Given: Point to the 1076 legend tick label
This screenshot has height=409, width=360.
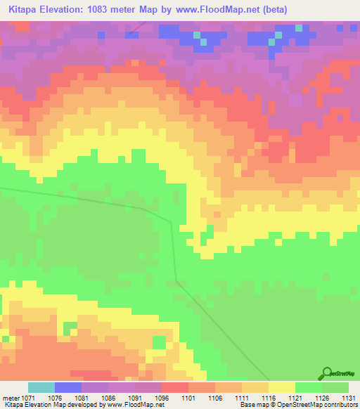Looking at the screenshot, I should [54, 398].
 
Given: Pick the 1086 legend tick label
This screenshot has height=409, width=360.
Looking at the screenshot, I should [108, 398].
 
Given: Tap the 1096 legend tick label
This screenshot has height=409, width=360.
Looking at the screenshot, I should [161, 398].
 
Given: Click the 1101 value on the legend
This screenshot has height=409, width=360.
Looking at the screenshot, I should [188, 398].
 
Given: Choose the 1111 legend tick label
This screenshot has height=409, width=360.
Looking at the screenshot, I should [241, 398].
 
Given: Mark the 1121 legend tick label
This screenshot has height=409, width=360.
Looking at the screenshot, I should [295, 398].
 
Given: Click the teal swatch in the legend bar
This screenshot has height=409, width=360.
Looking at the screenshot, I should [41, 387].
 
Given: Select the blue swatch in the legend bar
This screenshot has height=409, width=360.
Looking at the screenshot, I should [68, 387].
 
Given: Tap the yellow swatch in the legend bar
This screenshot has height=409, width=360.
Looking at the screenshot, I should [281, 387].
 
